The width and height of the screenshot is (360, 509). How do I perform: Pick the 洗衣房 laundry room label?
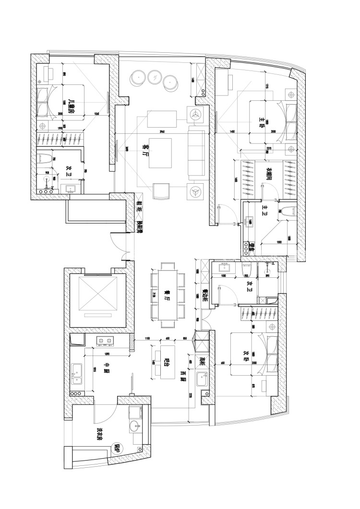coord(100,435)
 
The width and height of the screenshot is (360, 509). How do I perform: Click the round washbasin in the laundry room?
coord(136,426)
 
